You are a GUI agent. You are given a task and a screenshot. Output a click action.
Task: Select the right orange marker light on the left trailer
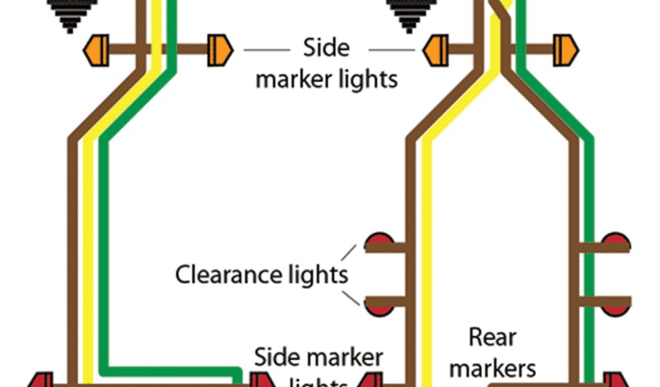[219, 49]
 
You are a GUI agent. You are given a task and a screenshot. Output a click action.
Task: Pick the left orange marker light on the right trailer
[435, 49]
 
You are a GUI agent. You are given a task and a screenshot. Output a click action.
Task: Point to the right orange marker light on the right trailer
[565, 49]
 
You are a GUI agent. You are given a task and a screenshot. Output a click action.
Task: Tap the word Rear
[492, 337]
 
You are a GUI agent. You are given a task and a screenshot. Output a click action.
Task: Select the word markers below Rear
[492, 368]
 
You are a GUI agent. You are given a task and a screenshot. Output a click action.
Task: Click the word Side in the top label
[326, 48]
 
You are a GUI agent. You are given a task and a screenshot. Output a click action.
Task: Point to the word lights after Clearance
[315, 274]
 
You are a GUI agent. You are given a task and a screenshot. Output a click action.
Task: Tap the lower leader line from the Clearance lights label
[350, 297]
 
